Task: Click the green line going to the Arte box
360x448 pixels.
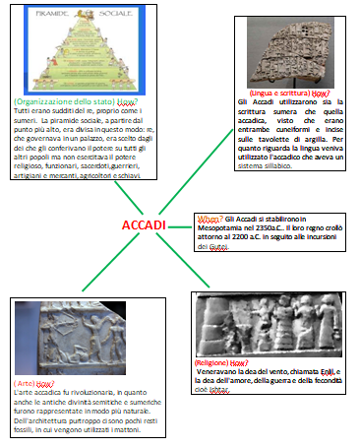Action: click(x=98, y=265)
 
